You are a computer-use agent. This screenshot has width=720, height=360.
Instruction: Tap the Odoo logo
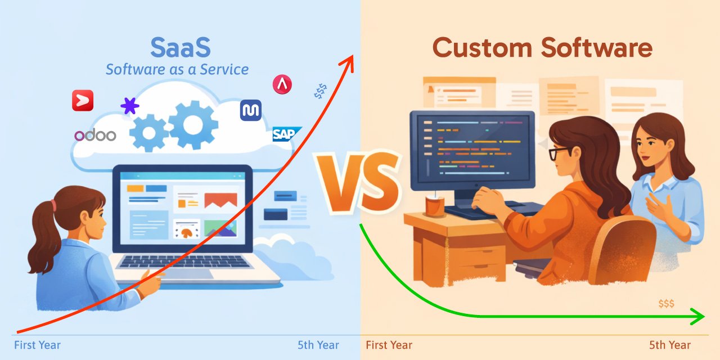click(94, 135)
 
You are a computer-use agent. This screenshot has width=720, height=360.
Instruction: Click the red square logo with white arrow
click(83, 101)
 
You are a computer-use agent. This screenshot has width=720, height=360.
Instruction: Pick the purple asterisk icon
click(130, 105)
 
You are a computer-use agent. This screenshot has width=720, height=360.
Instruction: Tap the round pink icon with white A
click(282, 85)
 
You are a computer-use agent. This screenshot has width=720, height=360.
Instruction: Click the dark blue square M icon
click(250, 110)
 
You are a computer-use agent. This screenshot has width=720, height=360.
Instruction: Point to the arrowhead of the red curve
click(350, 59)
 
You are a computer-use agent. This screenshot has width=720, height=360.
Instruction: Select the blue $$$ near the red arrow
click(321, 92)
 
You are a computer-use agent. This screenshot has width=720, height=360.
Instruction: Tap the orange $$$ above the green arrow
click(666, 304)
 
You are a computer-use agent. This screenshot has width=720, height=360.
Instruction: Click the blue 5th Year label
click(318, 345)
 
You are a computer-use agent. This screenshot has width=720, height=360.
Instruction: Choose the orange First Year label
click(389, 345)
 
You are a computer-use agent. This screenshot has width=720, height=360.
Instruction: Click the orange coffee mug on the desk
click(435, 205)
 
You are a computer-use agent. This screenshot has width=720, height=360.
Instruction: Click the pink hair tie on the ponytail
click(54, 206)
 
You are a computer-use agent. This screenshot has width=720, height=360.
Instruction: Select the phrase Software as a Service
click(177, 70)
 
